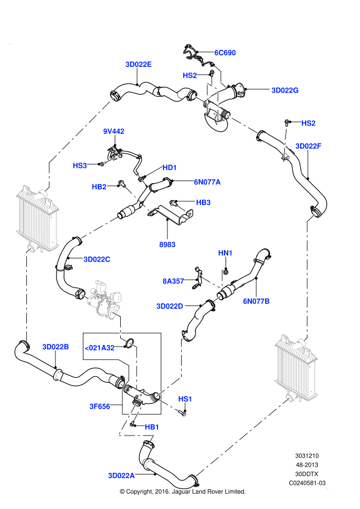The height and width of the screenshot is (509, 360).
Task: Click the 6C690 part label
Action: tap(225, 53)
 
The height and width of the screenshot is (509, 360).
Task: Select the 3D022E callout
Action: tap(138, 64)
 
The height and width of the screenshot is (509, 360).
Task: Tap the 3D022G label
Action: tap(285, 91)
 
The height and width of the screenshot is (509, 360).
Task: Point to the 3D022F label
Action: tap(308, 146)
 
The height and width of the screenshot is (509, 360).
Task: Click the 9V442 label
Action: tap(114, 131)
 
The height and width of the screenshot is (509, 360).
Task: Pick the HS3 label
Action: tap(80, 166)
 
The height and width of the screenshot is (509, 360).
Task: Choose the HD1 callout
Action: tap(170, 167)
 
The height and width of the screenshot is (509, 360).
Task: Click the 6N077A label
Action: tap(207, 182)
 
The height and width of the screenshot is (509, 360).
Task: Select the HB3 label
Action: tap(203, 202)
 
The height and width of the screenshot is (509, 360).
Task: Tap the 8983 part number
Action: tap(167, 245)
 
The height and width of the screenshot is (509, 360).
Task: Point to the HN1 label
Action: tap(226, 253)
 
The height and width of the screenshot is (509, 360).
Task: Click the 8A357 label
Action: tap(173, 281)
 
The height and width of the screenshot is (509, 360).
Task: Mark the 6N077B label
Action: tap(256, 301)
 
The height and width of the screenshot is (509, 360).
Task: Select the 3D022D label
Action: tap(170, 306)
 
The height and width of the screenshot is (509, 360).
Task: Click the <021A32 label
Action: tap(99, 348)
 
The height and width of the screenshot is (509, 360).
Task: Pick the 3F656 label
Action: tap(100, 406)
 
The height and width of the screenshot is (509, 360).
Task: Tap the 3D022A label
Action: tap(121, 476)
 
